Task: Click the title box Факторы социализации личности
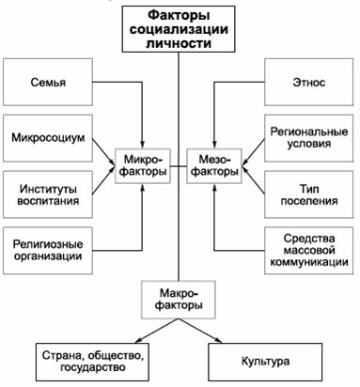(180, 27)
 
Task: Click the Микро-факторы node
(143, 165)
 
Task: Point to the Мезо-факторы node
(215, 165)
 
